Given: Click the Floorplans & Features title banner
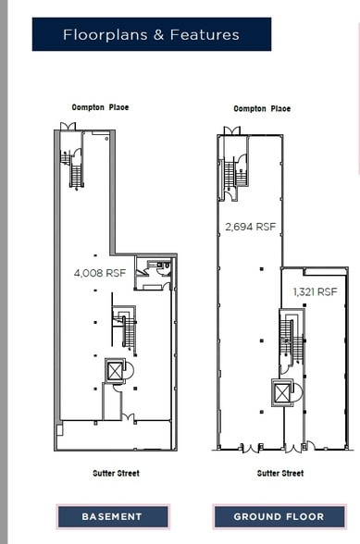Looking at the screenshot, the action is (152, 34).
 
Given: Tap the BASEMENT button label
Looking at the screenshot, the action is (112, 516).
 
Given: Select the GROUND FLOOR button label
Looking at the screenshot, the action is (279, 516).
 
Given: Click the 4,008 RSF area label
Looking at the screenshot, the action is (100, 274).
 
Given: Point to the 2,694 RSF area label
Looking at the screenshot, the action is (250, 227).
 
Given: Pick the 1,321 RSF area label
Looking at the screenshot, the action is (316, 291).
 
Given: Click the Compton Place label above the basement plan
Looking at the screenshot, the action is (100, 107).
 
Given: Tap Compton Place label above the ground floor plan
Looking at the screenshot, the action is (262, 108).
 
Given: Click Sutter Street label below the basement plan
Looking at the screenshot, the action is (116, 474).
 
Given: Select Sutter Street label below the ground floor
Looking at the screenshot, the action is (280, 474).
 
